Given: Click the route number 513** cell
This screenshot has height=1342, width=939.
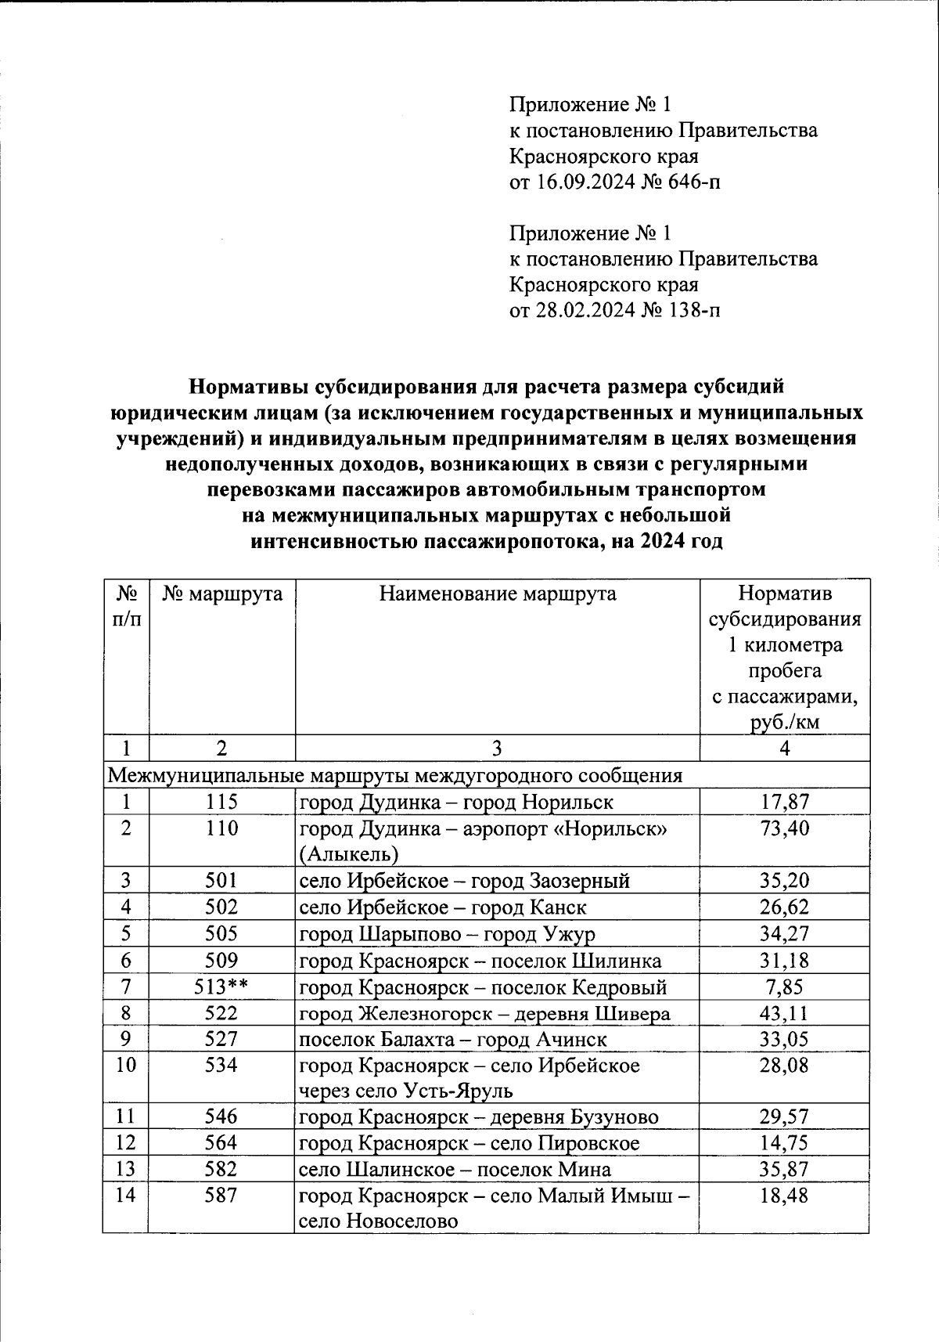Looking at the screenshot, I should pos(221,987).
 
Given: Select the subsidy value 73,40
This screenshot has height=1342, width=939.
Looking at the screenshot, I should pos(784,828).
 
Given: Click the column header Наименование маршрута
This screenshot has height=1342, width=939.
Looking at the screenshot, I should pos(498,593).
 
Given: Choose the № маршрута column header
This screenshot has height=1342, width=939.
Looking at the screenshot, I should pos(222,593).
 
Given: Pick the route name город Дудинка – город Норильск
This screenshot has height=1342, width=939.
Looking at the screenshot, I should pos(456,802).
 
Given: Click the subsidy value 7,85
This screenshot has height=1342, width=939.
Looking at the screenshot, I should pos(784,987).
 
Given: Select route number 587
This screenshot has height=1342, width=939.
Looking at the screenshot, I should pos(221,1196).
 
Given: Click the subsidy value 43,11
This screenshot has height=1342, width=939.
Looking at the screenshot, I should pos(784,1013).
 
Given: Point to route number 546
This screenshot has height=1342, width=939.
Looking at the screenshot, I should pos(221,1117).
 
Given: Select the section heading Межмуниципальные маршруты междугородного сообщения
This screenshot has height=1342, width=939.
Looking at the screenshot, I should pos(394,775).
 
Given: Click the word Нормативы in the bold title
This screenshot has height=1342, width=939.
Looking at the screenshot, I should pos(248,386).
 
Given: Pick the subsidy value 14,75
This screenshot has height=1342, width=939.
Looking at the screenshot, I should pos(784,1143).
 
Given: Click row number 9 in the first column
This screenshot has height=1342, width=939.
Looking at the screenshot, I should pos(125,1039).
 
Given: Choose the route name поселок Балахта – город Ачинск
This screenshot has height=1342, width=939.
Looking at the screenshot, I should pos(453,1039).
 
